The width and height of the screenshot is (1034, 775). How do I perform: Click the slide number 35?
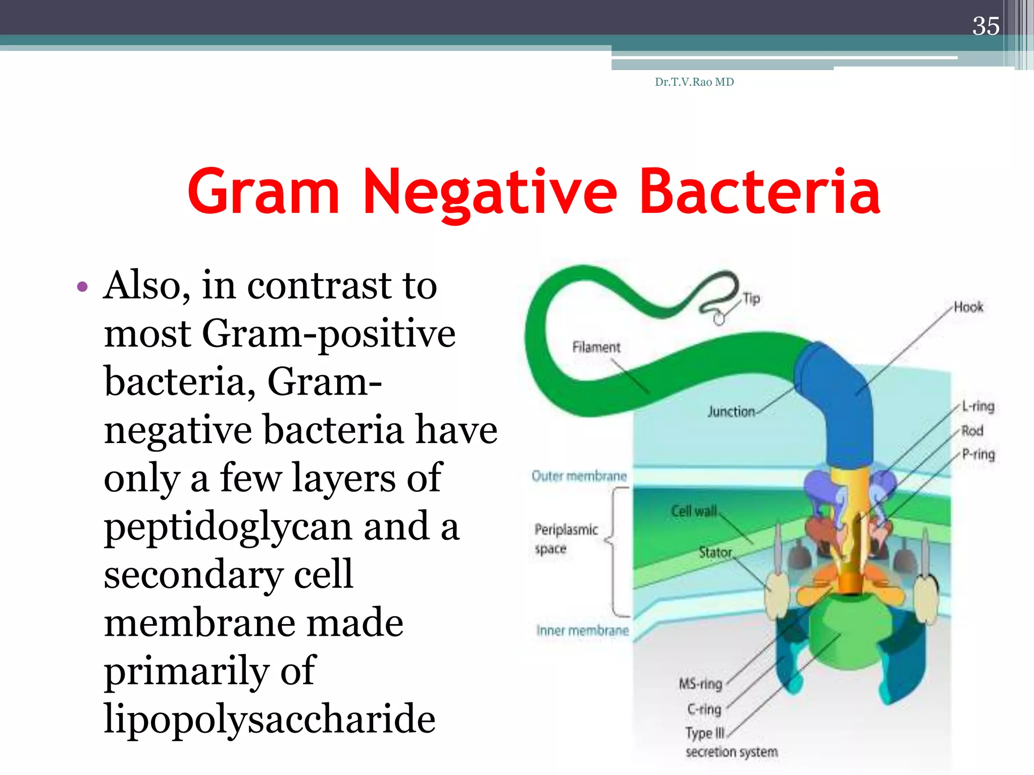click(x=986, y=26)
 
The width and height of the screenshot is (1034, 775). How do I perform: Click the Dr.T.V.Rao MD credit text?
click(x=694, y=82)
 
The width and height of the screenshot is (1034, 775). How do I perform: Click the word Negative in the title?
click(x=489, y=192)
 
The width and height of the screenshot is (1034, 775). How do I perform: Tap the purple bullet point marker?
click(x=82, y=287)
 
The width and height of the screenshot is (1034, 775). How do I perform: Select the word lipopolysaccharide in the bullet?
click(x=269, y=718)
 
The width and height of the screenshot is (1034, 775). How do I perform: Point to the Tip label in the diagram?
click(x=751, y=299)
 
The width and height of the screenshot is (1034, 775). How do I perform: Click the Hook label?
click(x=968, y=307)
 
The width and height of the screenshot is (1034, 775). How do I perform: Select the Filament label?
click(x=596, y=347)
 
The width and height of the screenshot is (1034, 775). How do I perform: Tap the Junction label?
click(x=731, y=412)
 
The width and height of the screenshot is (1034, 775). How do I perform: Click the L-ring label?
click(x=978, y=406)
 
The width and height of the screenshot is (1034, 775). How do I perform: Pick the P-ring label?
click(x=978, y=454)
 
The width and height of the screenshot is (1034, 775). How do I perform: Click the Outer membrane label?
click(x=579, y=476)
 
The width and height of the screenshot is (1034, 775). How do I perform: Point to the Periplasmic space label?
click(x=565, y=539)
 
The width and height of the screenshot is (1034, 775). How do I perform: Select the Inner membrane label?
click(x=583, y=631)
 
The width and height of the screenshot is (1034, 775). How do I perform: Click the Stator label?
click(x=715, y=552)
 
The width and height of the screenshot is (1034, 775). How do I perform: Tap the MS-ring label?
click(x=700, y=684)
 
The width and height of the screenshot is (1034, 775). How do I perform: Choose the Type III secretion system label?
click(x=731, y=742)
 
